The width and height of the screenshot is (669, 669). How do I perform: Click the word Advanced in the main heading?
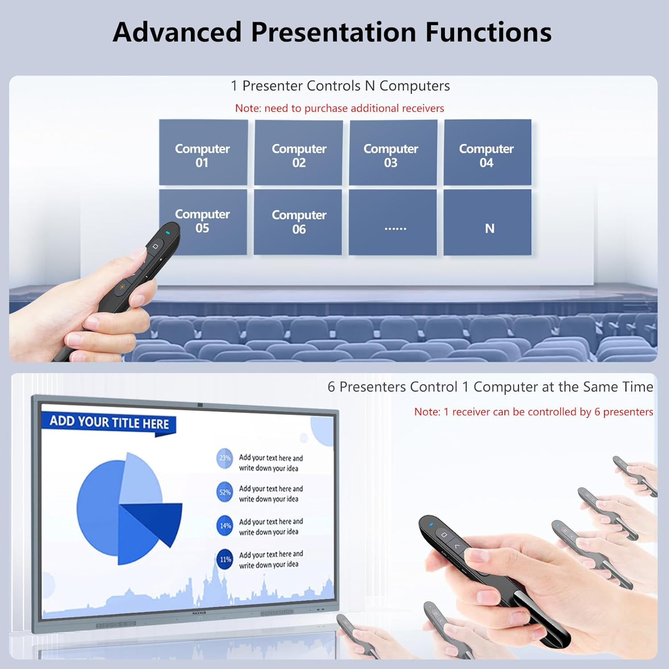177,32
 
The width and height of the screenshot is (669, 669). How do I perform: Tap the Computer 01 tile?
203,153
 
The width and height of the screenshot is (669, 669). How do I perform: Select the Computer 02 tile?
298,153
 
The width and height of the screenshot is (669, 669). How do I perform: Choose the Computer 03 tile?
392,153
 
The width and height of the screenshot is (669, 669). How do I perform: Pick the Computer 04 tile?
487,153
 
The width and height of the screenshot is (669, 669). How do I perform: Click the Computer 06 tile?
298,222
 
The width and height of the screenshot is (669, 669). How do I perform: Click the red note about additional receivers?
339,108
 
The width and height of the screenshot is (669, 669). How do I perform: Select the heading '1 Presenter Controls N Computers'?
340,86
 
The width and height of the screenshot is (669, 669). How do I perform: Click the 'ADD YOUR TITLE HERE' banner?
109,422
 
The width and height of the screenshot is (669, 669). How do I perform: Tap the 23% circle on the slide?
225,458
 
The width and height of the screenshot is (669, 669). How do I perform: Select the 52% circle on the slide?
225,492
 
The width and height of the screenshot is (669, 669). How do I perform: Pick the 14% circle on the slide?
225,526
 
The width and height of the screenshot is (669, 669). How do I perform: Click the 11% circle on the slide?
225,559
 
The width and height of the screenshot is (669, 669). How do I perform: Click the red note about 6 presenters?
533,412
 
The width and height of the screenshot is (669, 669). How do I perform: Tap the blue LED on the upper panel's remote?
168,232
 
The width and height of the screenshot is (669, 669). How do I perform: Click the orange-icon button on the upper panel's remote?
122,287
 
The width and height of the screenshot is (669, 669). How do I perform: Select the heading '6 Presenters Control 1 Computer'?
490,387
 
